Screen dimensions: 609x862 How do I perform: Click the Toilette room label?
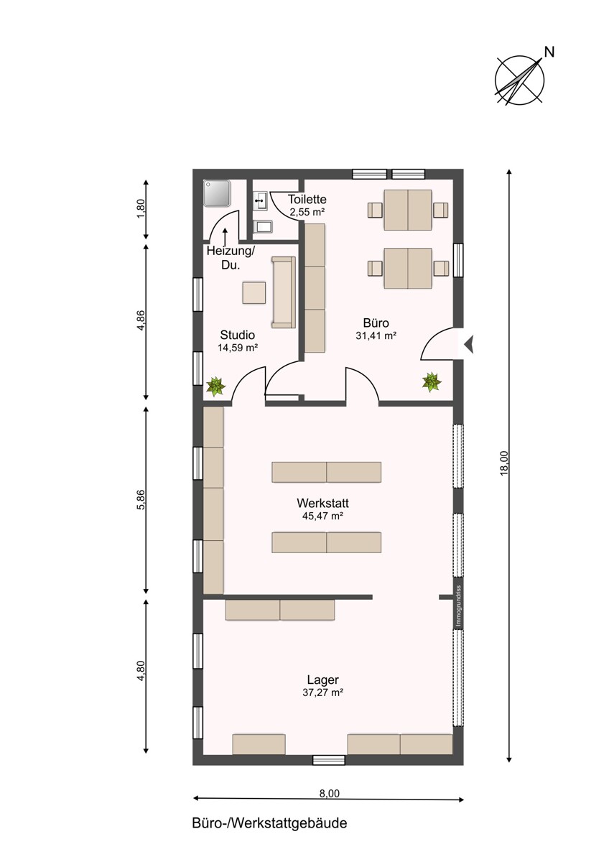[307, 200]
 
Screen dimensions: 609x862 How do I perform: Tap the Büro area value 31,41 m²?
[376, 335]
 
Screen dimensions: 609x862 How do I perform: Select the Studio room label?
[237, 335]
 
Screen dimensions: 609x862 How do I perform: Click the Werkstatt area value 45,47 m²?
[322, 516]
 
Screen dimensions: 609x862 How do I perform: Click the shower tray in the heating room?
[217, 193]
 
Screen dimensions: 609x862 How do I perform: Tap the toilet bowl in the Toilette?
[263, 227]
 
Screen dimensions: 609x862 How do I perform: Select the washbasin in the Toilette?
[260, 201]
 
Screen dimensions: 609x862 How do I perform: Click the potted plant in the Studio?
[216, 386]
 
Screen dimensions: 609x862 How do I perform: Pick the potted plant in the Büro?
[432, 382]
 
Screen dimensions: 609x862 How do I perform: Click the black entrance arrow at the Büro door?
[469, 344]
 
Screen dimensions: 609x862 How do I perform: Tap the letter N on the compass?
[549, 52]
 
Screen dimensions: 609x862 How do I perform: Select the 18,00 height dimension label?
[503, 463]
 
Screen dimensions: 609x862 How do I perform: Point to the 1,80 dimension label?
[141, 208]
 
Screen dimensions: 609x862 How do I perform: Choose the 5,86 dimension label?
[141, 499]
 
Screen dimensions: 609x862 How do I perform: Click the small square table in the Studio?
[254, 293]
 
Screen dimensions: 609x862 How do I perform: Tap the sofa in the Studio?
[284, 292]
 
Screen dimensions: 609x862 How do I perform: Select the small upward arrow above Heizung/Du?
[225, 236]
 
